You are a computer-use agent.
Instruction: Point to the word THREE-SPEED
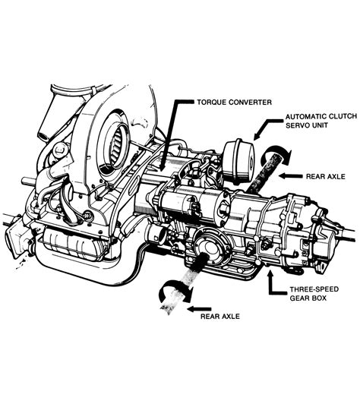click(314, 289)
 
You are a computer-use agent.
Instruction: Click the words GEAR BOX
click(308, 298)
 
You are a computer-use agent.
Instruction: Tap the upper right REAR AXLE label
click(326, 176)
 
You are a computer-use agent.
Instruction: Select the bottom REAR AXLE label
click(220, 316)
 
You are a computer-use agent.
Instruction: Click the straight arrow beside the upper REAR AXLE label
click(290, 176)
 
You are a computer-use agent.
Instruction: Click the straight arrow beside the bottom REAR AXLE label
click(199, 309)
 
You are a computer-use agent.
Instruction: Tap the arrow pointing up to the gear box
click(270, 283)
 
